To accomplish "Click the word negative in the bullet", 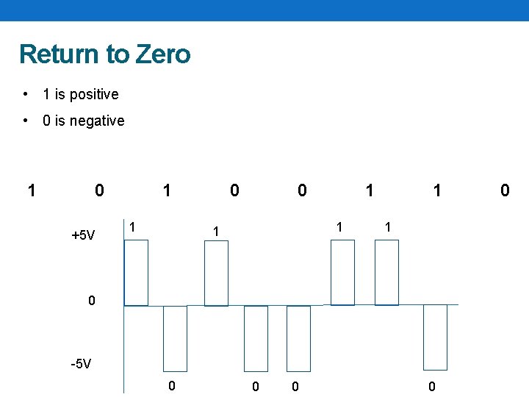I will coord(96,121).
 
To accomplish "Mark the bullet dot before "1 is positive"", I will coord(26,94).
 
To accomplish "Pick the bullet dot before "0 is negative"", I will coord(26,121).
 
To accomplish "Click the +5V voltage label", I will coord(83,236).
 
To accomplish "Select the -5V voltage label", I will coord(81,364).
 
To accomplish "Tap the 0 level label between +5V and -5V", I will coord(91,301).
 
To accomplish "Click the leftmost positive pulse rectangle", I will coord(137,273).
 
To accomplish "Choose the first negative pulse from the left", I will coord(175,338).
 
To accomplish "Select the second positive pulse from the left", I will coord(216,273).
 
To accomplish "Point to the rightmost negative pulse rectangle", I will coord(435,337).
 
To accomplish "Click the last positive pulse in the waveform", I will coord(386,273).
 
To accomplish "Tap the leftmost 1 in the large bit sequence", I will coord(31,191).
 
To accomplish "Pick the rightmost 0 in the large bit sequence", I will coord(505,191).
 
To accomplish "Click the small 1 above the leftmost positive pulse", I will coord(132,226).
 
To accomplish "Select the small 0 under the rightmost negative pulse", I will coord(432,386).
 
